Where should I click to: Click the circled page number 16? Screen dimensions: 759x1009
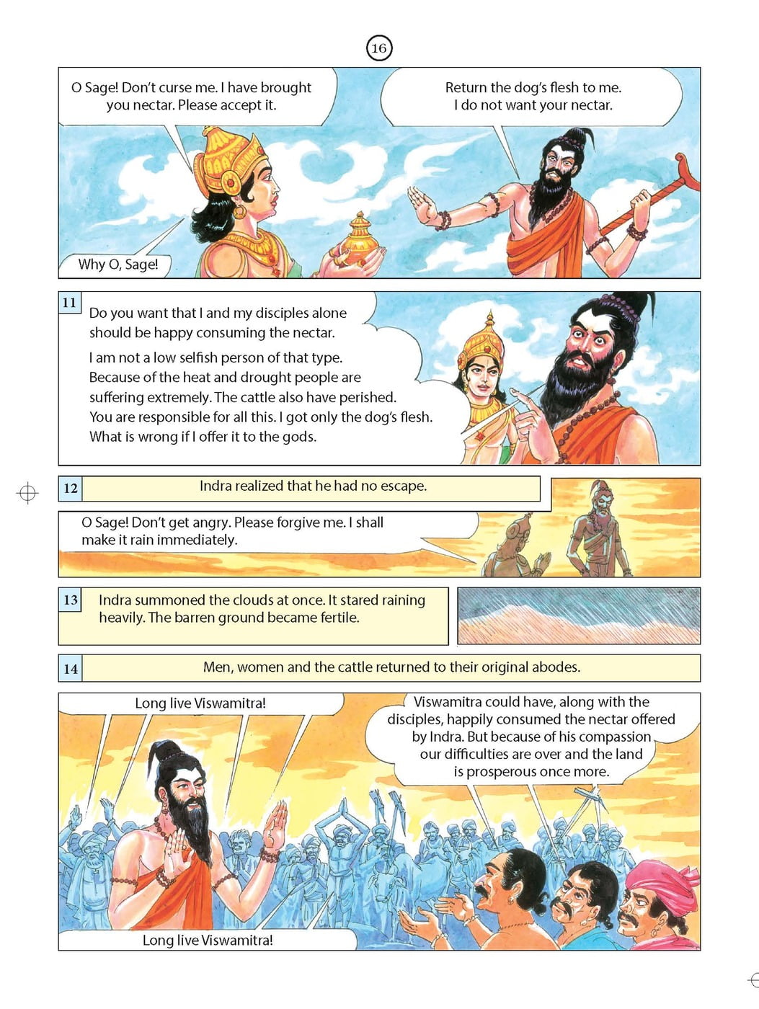click(x=378, y=48)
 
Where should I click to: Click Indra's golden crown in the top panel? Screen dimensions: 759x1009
click(x=225, y=160)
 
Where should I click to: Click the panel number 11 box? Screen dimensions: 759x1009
click(x=70, y=303)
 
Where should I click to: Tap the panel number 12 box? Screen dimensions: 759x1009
click(x=71, y=488)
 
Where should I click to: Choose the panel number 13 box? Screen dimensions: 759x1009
click(x=70, y=600)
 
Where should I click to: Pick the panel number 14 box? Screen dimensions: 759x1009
click(x=71, y=668)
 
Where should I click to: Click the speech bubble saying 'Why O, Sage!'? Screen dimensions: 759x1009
click(x=117, y=265)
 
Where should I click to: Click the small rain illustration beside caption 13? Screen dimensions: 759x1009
click(x=579, y=615)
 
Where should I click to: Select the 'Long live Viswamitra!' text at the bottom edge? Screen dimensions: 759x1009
click(x=208, y=940)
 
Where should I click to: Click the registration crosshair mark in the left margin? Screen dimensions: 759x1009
click(x=27, y=493)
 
